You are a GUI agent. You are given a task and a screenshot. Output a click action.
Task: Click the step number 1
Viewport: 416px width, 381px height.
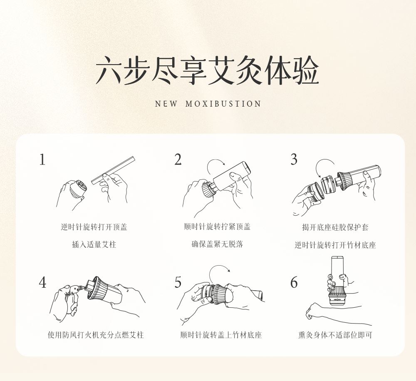click(x=42, y=159)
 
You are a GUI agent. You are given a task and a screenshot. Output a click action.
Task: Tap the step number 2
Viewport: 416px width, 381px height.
click(x=178, y=159)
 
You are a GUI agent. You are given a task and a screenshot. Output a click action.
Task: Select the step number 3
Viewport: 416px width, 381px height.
click(x=294, y=159)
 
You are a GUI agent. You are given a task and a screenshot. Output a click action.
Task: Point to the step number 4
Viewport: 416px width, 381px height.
click(x=42, y=282)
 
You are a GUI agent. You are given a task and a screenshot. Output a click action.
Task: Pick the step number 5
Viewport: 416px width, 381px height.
click(x=178, y=282)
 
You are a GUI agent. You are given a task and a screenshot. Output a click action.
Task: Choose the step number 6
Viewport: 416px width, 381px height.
click(x=294, y=282)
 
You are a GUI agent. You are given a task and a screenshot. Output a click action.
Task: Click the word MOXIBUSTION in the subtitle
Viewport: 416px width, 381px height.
click(x=223, y=104)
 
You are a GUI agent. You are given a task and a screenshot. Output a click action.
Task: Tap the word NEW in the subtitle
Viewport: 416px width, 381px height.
click(x=166, y=104)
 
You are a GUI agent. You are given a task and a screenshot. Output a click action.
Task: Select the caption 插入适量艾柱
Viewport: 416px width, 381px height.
click(x=94, y=244)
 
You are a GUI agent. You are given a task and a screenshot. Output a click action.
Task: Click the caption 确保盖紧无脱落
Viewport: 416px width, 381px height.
click(x=217, y=244)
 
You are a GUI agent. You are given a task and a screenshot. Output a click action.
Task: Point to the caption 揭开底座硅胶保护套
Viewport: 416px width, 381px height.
click(x=335, y=227)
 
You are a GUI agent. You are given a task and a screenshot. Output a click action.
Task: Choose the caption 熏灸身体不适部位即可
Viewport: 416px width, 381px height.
click(x=335, y=335)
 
